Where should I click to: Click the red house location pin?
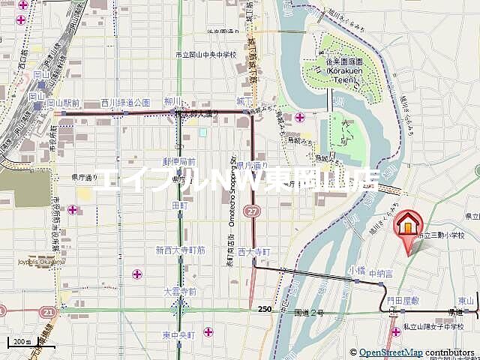click(x=408, y=225)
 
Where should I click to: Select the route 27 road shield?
click(x=255, y=212)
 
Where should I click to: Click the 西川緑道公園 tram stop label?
click(x=126, y=103)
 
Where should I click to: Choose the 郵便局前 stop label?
click(x=179, y=161)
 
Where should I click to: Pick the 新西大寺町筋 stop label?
click(x=181, y=249)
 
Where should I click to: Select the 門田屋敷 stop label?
click(x=403, y=300)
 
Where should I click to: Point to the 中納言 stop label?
click(x=381, y=274)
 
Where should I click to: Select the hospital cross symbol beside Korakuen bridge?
click(x=300, y=117)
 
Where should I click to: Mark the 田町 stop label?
click(x=180, y=205)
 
